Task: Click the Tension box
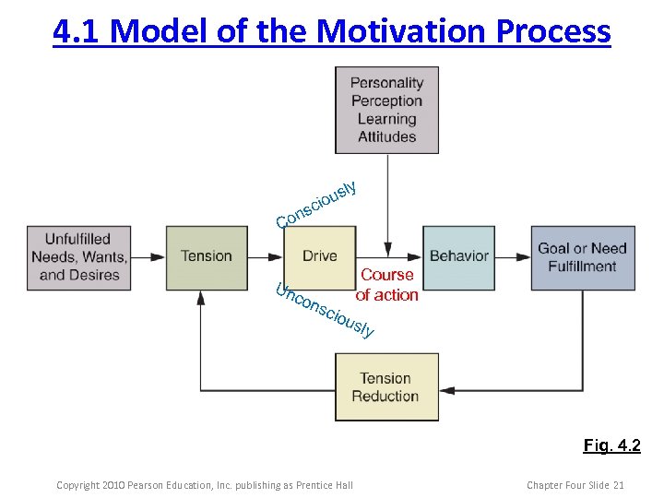click(207, 256)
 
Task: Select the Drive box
click(319, 256)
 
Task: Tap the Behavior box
click(458, 256)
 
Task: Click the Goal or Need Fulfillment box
click(583, 257)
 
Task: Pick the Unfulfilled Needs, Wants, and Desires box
click(79, 257)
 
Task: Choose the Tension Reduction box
click(385, 387)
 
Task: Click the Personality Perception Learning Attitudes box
click(386, 110)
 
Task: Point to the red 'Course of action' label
click(386, 285)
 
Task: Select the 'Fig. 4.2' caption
click(611, 446)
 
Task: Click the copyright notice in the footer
click(204, 485)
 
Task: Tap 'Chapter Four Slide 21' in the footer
click(575, 485)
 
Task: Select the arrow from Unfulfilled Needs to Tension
click(148, 256)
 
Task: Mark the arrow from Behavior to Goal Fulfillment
click(513, 256)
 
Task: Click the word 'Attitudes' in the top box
click(386, 136)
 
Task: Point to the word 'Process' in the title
click(553, 30)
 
